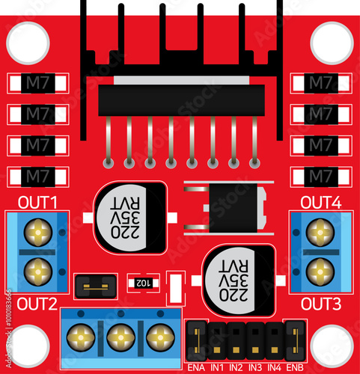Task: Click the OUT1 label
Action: [38, 203]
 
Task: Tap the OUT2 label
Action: [38, 304]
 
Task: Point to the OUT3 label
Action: [321, 304]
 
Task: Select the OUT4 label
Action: [321, 203]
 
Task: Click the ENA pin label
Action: [196, 367]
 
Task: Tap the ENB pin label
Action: [295, 367]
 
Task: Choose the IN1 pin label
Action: [216, 367]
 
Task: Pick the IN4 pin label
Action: [275, 367]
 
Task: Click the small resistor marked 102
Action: [141, 283]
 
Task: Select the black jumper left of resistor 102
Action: [96, 284]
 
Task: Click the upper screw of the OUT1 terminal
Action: [38, 233]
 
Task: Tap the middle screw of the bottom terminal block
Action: [120, 338]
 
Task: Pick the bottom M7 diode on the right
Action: [321, 176]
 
